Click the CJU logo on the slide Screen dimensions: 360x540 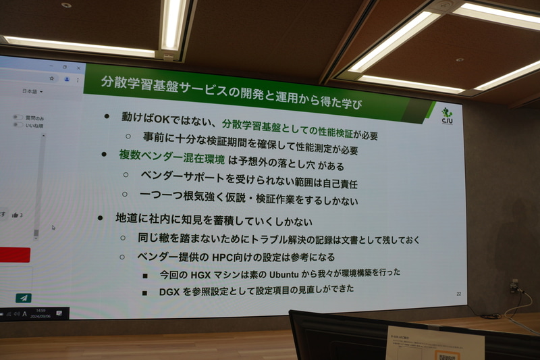tap(447, 115)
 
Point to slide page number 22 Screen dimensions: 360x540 tap(458, 294)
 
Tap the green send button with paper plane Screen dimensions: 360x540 tap(24, 298)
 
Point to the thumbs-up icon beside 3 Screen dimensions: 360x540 tap(15, 215)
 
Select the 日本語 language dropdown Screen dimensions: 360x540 tap(32, 91)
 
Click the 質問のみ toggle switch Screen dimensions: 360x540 tap(18, 118)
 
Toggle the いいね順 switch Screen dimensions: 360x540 tap(18, 126)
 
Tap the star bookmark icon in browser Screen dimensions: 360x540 tap(52, 78)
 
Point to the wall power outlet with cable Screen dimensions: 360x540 tap(514, 286)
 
